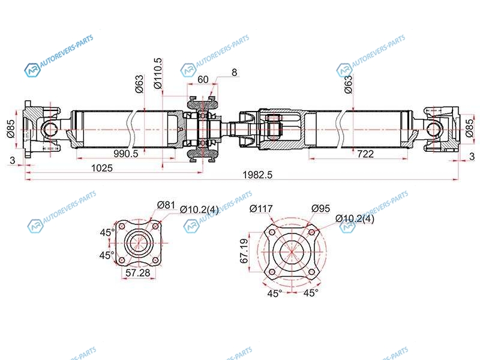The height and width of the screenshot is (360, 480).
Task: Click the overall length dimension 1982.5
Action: coord(257,175)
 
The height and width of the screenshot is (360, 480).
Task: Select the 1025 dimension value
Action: coord(102,168)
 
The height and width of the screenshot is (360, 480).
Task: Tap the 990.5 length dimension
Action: coord(126,154)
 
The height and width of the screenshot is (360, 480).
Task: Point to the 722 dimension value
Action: coord(365,154)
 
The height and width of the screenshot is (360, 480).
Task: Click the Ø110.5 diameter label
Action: coord(158,73)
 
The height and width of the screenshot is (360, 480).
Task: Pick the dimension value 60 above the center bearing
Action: coord(203,79)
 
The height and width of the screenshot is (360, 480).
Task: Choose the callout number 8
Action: coord(234,73)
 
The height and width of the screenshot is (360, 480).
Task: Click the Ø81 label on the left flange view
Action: coord(166,205)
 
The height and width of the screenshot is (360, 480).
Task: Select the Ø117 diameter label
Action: coord(261,209)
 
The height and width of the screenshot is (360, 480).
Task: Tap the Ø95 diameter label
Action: coord(320,208)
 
